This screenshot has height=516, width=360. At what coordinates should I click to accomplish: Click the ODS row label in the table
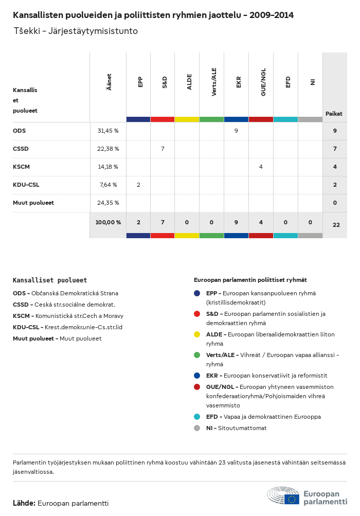20,131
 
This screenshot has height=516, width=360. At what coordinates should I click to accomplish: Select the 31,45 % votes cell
108,131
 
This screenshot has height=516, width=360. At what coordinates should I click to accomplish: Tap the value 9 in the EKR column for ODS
236,131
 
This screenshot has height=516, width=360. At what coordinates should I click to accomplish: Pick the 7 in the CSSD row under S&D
163,149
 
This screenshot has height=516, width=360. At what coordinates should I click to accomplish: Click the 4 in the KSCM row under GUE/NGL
261,167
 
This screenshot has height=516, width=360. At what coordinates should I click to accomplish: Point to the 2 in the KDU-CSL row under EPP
138,185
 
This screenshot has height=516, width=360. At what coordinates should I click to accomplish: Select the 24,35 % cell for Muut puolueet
108,203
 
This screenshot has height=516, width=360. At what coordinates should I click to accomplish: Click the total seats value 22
336,224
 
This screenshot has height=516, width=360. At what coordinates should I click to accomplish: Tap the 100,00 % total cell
108,222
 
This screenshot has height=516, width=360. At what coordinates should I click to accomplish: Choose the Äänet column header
109,82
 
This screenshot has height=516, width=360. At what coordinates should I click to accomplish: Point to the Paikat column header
334,114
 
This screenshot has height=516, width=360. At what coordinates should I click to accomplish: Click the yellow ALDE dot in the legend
197,334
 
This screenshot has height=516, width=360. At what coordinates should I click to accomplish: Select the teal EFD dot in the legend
197,417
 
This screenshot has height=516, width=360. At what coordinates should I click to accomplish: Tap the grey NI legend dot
197,428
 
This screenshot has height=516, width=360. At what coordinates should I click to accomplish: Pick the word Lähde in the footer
24,503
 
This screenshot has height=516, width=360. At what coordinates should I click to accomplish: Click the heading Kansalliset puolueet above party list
50,280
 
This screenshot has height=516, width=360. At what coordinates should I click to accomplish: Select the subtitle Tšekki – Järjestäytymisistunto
76,31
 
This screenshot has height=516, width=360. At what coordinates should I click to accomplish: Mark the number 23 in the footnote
222,462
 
